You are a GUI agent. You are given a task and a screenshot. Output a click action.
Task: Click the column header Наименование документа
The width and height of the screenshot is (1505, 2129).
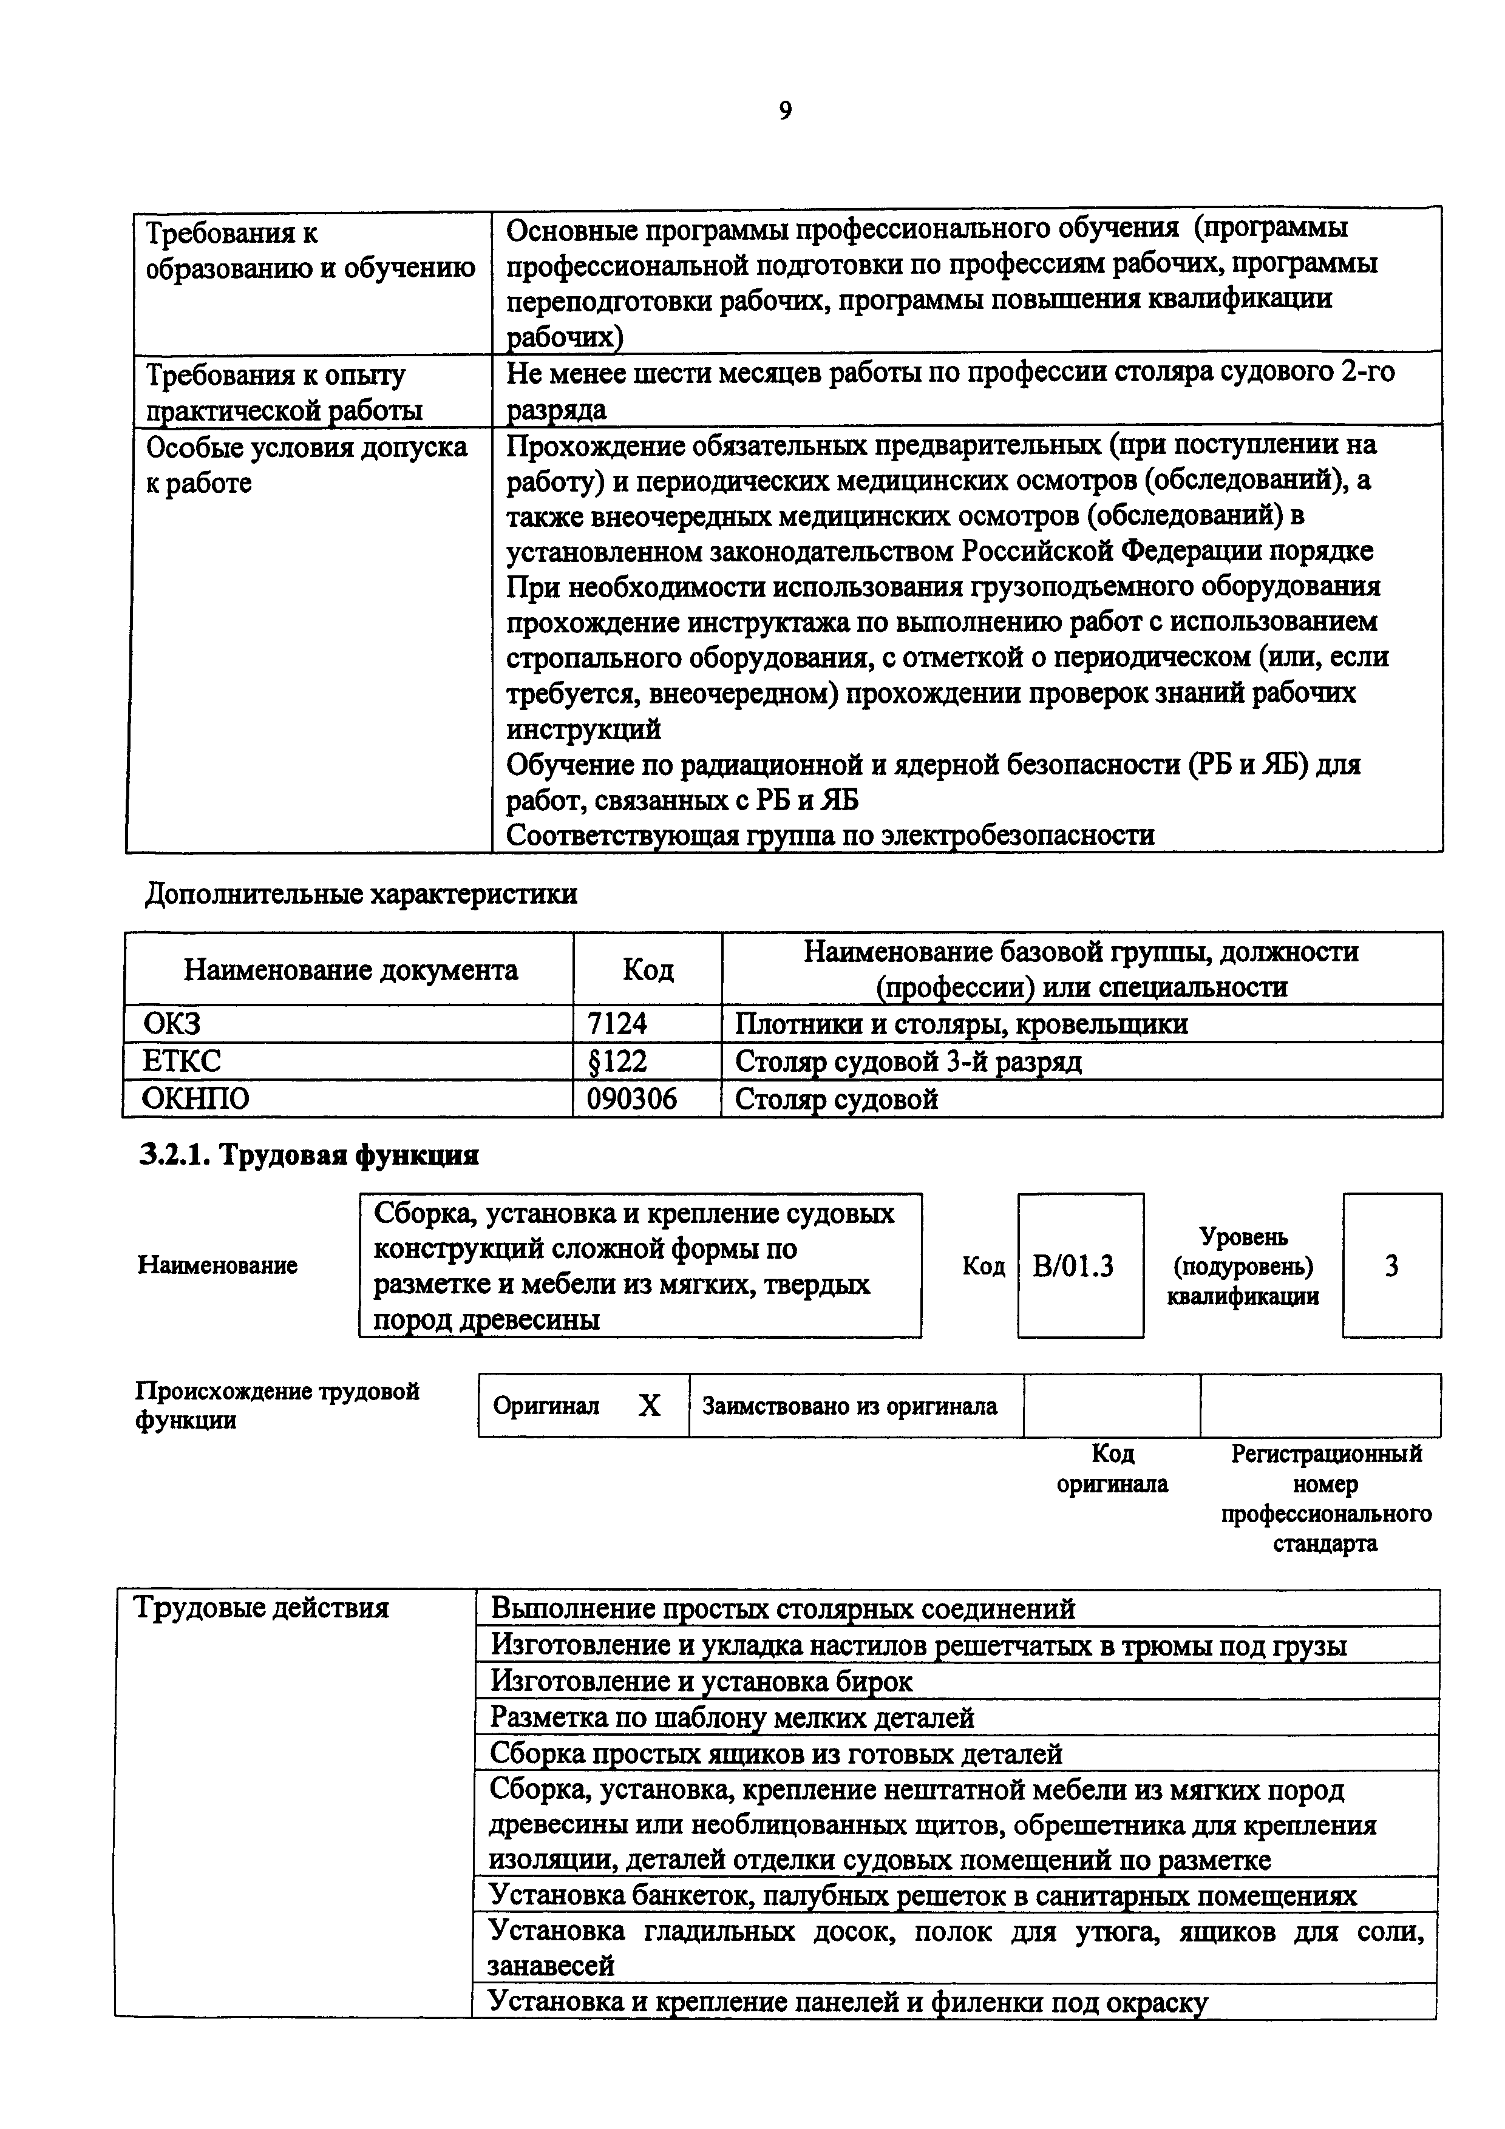(x=350, y=970)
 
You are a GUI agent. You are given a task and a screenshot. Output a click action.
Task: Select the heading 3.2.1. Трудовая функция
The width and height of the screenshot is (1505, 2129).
(x=309, y=1156)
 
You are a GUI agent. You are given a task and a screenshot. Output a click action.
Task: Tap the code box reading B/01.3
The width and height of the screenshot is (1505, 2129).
(x=1079, y=1266)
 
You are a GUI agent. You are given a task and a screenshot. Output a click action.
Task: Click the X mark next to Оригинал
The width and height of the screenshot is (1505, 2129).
(x=649, y=1407)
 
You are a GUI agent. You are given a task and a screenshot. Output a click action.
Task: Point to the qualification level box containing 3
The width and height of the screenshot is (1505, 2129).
(x=1391, y=1266)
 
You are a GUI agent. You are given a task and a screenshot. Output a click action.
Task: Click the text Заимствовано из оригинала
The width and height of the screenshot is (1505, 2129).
(x=849, y=1407)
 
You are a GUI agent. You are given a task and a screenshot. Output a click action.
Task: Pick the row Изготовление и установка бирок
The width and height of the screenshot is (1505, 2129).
(x=701, y=1681)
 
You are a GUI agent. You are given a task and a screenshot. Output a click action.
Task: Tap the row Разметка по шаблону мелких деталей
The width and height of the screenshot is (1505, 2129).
(x=732, y=1718)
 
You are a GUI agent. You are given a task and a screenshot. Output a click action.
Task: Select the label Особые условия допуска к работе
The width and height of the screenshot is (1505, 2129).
(x=306, y=464)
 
